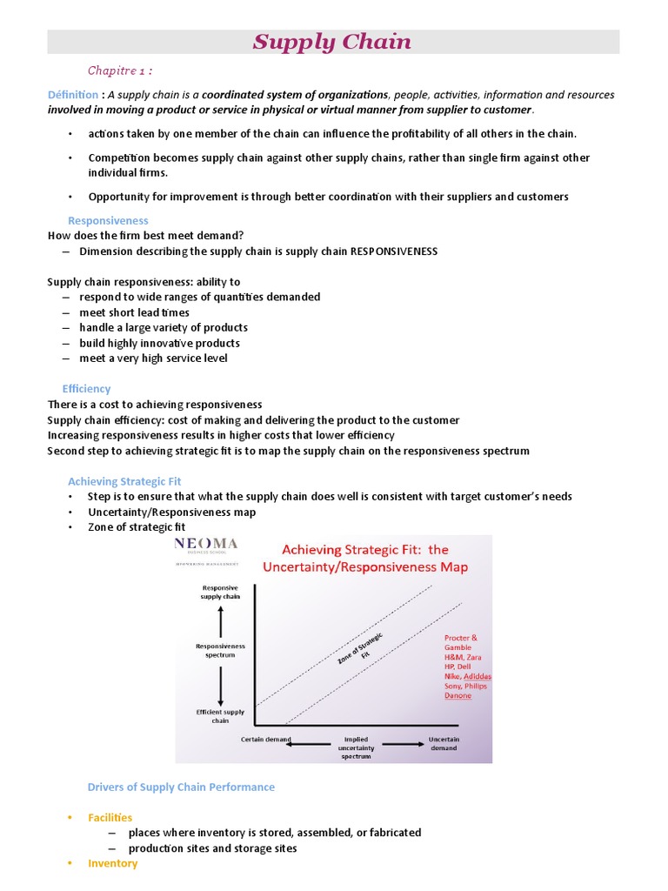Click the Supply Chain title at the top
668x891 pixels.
click(332, 42)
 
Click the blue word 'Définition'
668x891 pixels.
click(73, 95)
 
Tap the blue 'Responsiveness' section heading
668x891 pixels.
click(108, 221)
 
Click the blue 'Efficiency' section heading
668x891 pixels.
click(86, 389)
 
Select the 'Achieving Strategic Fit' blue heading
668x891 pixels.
click(124, 481)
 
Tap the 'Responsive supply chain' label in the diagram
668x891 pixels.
click(220, 592)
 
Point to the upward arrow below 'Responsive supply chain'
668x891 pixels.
click(221, 621)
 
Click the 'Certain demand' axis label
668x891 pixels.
click(267, 740)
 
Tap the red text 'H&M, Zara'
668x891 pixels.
click(462, 658)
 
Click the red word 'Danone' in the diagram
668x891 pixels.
click(458, 696)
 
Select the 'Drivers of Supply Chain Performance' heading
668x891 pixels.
click(181, 787)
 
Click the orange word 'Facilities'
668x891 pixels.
click(110, 818)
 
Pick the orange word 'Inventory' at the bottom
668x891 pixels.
click(112, 863)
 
